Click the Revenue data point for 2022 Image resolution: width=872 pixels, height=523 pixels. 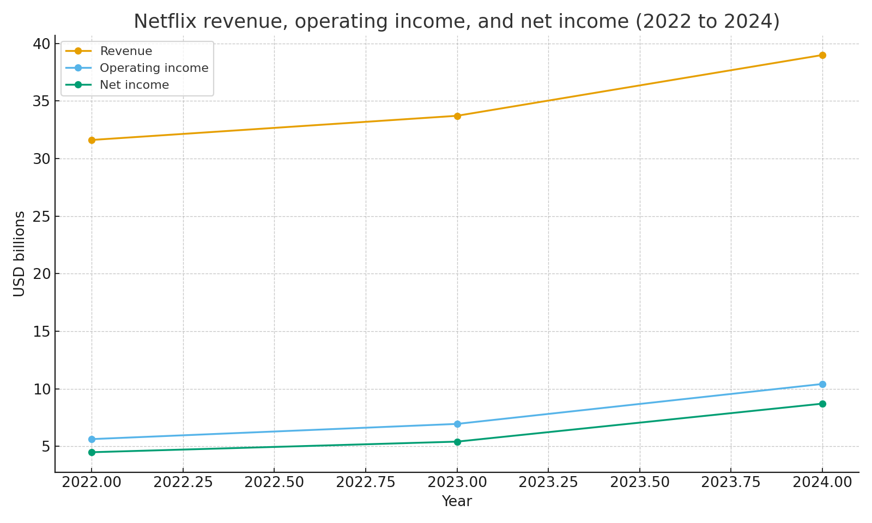92,140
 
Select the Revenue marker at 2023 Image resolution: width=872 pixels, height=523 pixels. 457,116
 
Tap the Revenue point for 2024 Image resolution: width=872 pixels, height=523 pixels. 822,55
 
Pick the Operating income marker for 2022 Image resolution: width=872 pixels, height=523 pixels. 92,439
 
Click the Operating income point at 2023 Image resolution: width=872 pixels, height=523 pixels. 457,424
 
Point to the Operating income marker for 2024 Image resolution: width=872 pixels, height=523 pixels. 822,384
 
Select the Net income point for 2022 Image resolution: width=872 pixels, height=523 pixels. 92,452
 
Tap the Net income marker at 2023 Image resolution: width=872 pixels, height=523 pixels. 457,442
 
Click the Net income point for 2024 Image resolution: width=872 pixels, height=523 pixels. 822,404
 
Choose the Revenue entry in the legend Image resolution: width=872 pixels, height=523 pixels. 126,51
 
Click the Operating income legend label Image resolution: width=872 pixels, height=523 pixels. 154,68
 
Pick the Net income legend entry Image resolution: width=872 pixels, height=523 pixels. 134,85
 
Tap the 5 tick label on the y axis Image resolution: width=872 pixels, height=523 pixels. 46,447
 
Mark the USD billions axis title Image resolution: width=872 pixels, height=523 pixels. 20,254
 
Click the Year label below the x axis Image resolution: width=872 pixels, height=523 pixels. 457,501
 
